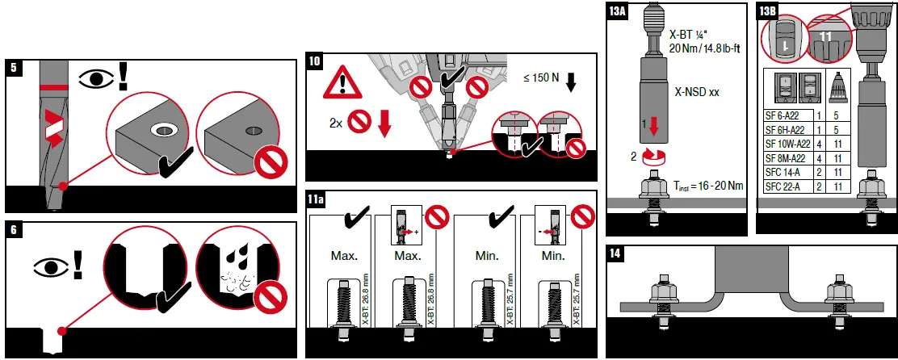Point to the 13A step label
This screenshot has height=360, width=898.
(x=618, y=11)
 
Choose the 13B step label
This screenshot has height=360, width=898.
(x=769, y=11)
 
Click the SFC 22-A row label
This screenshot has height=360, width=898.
(x=783, y=186)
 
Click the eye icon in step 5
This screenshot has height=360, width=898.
(x=95, y=79)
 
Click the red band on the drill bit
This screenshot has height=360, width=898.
(x=52, y=85)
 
